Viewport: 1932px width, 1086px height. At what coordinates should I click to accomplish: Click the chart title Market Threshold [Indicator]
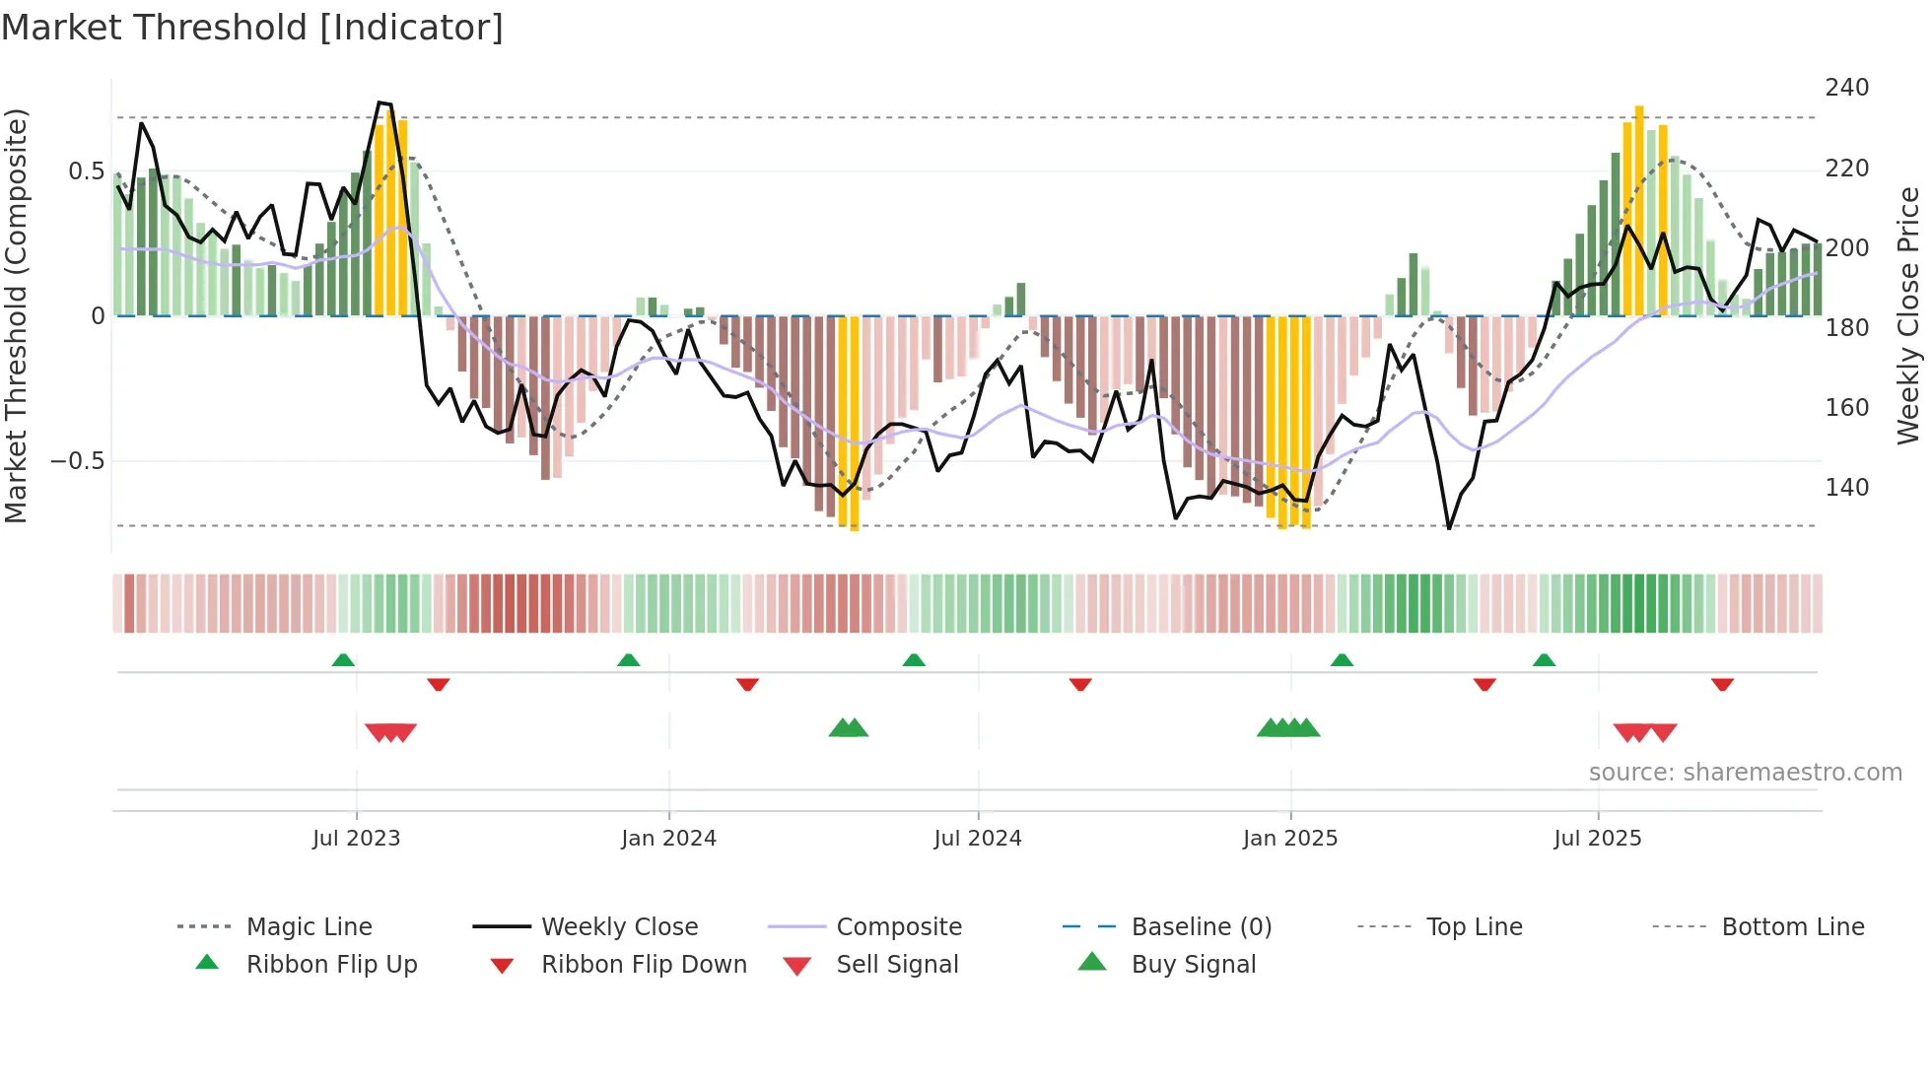[252, 28]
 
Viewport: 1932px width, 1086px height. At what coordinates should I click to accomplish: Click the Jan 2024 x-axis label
[668, 839]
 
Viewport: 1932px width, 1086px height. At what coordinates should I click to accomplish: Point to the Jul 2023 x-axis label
[356, 839]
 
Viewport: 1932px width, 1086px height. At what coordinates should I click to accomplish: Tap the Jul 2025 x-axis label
[1597, 839]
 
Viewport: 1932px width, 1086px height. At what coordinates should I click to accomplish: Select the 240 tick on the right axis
[1846, 88]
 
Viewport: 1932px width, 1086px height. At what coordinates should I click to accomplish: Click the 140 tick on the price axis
[1846, 488]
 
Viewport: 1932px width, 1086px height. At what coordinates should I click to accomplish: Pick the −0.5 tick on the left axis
[77, 461]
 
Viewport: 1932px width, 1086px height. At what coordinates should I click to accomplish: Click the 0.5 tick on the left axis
[86, 171]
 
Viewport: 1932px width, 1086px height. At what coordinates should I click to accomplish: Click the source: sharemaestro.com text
[1745, 773]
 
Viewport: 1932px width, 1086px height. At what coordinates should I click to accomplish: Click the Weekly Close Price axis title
[1908, 315]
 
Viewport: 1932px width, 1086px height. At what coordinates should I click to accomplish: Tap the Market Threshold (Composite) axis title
[16, 315]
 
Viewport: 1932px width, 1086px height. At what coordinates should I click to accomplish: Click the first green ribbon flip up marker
[343, 660]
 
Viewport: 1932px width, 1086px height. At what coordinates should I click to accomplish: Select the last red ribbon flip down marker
[1722, 684]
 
